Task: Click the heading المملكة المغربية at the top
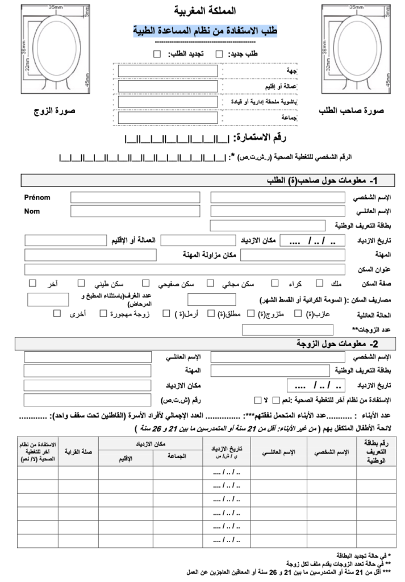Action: coord(203,11)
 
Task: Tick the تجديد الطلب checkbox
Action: coord(157,54)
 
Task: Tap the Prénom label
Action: coord(37,197)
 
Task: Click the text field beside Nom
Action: coord(135,211)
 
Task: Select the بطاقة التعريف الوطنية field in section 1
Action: coord(278,226)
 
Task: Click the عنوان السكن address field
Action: coord(185,268)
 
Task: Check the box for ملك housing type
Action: coord(319,282)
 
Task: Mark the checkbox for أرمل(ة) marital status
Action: coord(166,313)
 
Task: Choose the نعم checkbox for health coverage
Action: coord(276,399)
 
